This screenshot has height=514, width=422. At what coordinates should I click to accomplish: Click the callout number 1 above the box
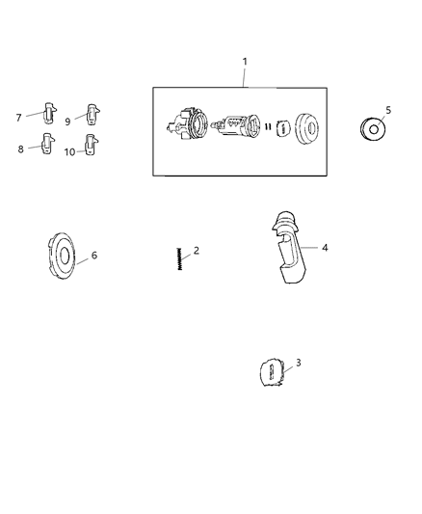(245, 62)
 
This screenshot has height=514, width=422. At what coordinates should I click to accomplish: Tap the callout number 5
(388, 110)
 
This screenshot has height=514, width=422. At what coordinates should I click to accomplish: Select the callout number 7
(19, 118)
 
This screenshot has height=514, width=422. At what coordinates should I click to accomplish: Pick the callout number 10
(69, 152)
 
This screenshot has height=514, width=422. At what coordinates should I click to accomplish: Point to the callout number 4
(325, 248)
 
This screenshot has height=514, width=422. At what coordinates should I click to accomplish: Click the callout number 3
(299, 363)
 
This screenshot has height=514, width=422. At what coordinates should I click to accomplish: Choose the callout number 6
(94, 255)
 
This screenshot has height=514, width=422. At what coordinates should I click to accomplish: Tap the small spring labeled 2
(179, 259)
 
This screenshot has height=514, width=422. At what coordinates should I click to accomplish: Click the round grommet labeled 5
(373, 129)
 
